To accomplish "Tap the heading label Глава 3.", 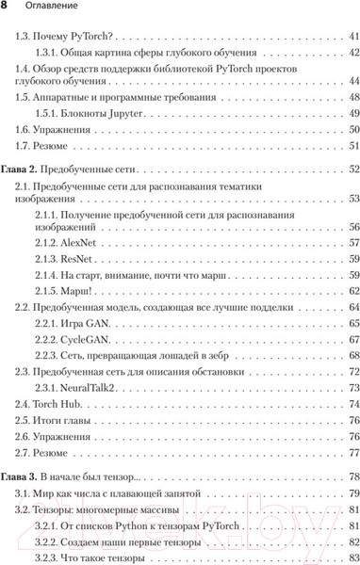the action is tap(21, 477).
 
